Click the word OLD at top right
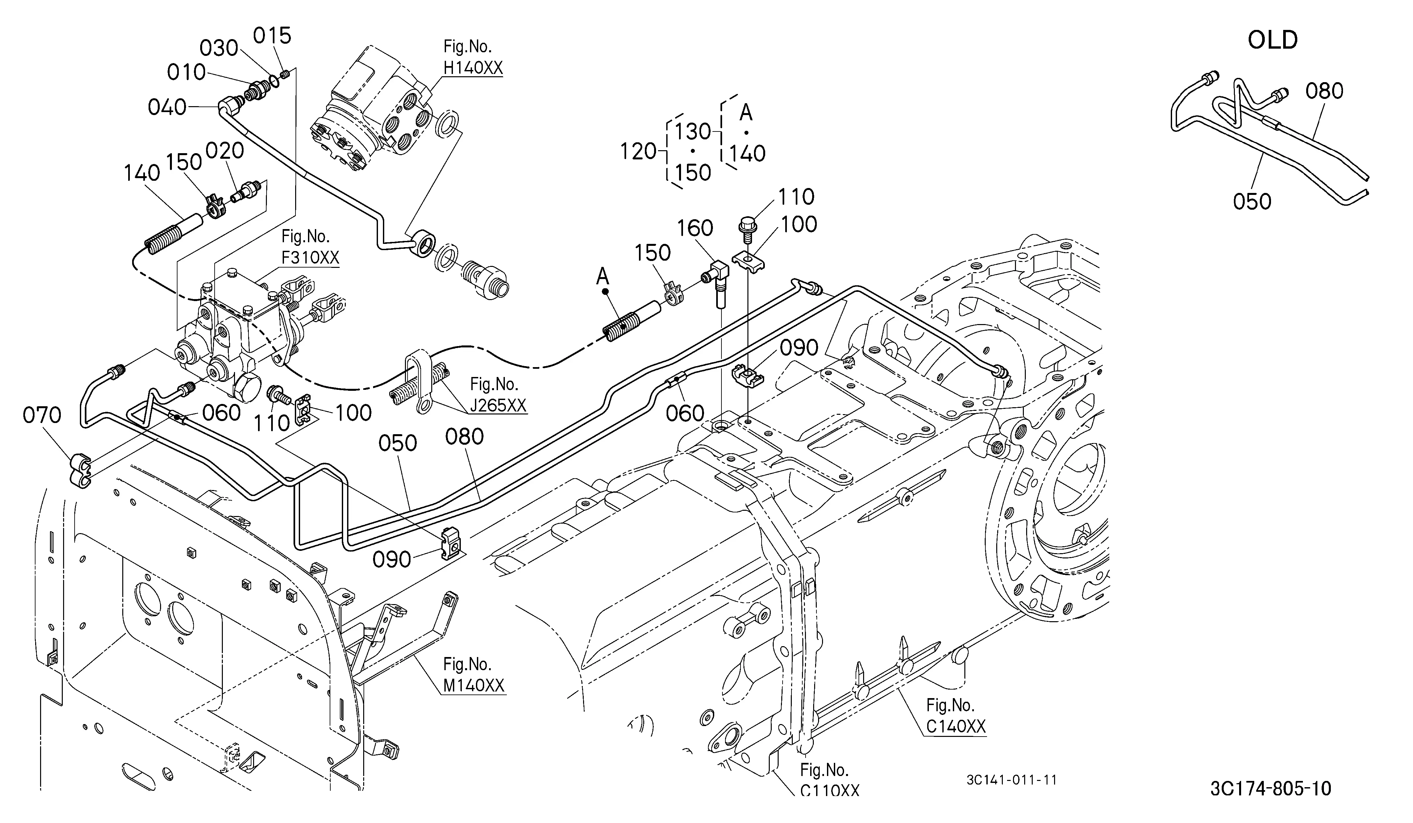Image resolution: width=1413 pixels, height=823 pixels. (1272, 40)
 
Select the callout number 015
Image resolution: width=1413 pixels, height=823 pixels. (272, 36)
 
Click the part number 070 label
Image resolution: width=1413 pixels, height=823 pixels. (42, 415)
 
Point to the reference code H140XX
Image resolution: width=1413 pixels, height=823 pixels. (473, 68)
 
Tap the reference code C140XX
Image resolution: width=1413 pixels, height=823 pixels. (955, 726)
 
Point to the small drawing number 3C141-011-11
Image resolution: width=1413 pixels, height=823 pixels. (1012, 780)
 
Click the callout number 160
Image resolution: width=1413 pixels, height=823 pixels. (695, 228)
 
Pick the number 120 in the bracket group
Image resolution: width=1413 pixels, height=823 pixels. (638, 152)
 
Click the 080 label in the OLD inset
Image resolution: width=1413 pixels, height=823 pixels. (1324, 91)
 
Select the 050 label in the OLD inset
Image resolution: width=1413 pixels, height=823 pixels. (1252, 201)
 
